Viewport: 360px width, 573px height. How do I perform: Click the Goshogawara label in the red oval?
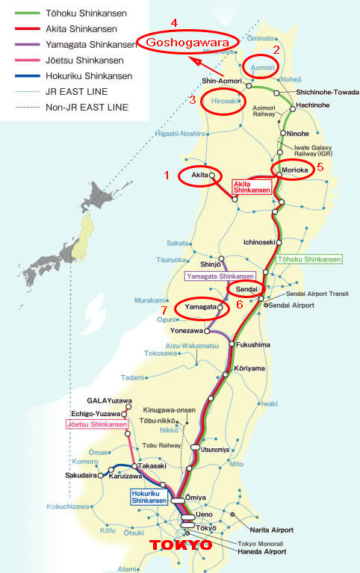tap(187, 43)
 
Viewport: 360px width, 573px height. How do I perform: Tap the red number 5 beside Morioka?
tap(320, 167)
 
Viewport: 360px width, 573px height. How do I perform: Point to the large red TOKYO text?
tap(181, 546)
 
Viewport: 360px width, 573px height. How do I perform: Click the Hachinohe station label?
tap(306, 107)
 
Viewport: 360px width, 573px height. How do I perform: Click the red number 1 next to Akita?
tap(167, 175)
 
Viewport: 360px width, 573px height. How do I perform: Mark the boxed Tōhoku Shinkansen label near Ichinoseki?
tap(310, 259)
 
